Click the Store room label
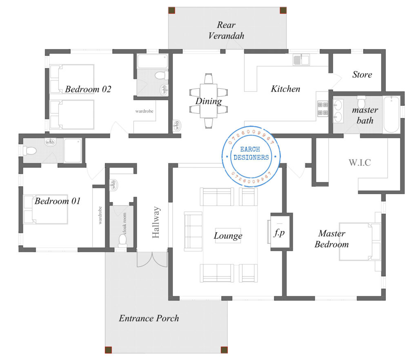pos(362,74)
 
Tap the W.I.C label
pos(360,162)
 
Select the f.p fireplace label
pos(279,233)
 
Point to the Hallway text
pos(156,222)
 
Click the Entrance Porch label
pos(149,318)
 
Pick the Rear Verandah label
pos(226,30)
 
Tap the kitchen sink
pos(301,60)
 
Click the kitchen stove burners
pos(322,108)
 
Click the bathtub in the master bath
pos(391,114)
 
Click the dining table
pos(209,101)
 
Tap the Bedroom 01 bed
pos(46,209)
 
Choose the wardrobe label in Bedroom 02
pos(144,111)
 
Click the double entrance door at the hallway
pos(152,259)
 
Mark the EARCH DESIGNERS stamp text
pos(251,153)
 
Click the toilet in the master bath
pos(361,101)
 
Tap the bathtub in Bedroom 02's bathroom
pos(153,61)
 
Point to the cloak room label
pos(125,224)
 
